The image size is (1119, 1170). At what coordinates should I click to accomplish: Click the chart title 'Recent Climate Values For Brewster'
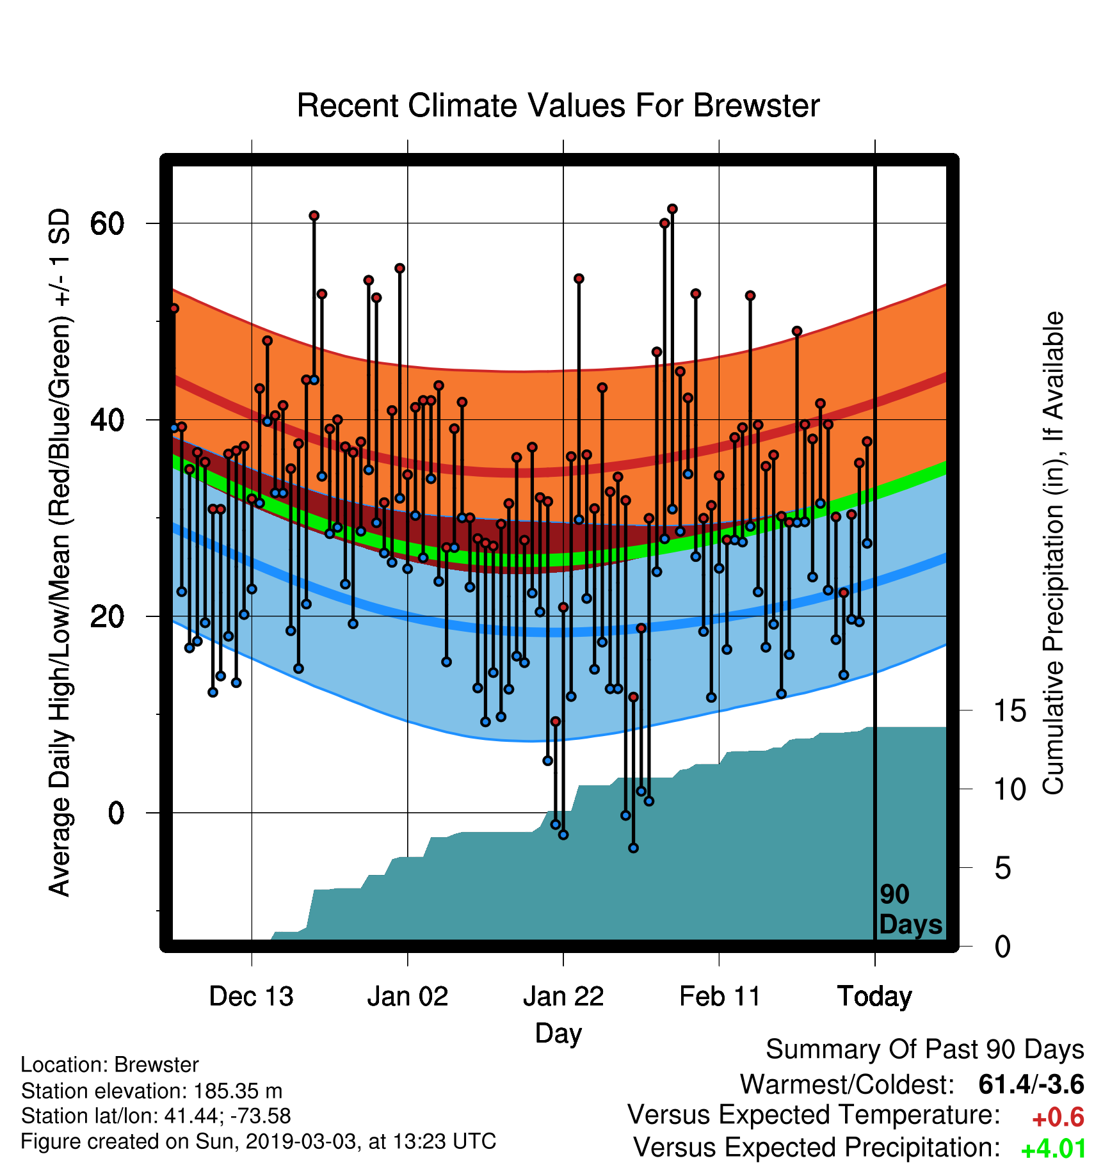pyautogui.click(x=558, y=106)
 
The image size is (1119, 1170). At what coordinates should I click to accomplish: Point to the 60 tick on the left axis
pyautogui.click(x=107, y=223)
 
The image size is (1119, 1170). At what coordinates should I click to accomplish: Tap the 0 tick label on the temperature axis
pyautogui.click(x=116, y=813)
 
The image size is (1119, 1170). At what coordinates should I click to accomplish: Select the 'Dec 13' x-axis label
pyautogui.click(x=252, y=997)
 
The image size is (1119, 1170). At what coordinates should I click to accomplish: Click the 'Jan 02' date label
pyautogui.click(x=408, y=997)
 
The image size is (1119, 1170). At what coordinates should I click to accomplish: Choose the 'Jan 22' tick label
pyautogui.click(x=563, y=997)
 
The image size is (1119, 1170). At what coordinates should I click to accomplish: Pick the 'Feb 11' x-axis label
pyautogui.click(x=720, y=997)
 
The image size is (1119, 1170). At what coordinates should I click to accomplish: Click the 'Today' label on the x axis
pyautogui.click(x=875, y=997)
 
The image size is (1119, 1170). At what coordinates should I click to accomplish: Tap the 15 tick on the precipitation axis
pyautogui.click(x=1010, y=710)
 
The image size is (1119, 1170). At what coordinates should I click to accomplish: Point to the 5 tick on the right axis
pyautogui.click(x=1003, y=868)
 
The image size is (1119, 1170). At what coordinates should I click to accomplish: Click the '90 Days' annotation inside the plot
pyautogui.click(x=910, y=910)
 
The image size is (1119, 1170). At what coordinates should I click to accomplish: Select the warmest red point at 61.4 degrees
pyautogui.click(x=672, y=209)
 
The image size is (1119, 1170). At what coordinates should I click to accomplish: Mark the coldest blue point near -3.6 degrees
pyautogui.click(x=633, y=848)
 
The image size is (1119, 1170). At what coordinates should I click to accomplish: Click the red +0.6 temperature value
pyautogui.click(x=1058, y=1118)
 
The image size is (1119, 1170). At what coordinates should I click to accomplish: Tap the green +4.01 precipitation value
pyautogui.click(x=1054, y=1150)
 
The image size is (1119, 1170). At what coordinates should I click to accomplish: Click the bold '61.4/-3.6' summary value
pyautogui.click(x=1031, y=1084)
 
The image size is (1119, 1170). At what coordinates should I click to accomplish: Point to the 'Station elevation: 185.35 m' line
pyautogui.click(x=152, y=1091)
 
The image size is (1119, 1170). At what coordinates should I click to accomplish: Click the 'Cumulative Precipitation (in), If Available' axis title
pyautogui.click(x=1053, y=554)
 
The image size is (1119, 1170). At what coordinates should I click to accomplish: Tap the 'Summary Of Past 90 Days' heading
pyautogui.click(x=925, y=1050)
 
